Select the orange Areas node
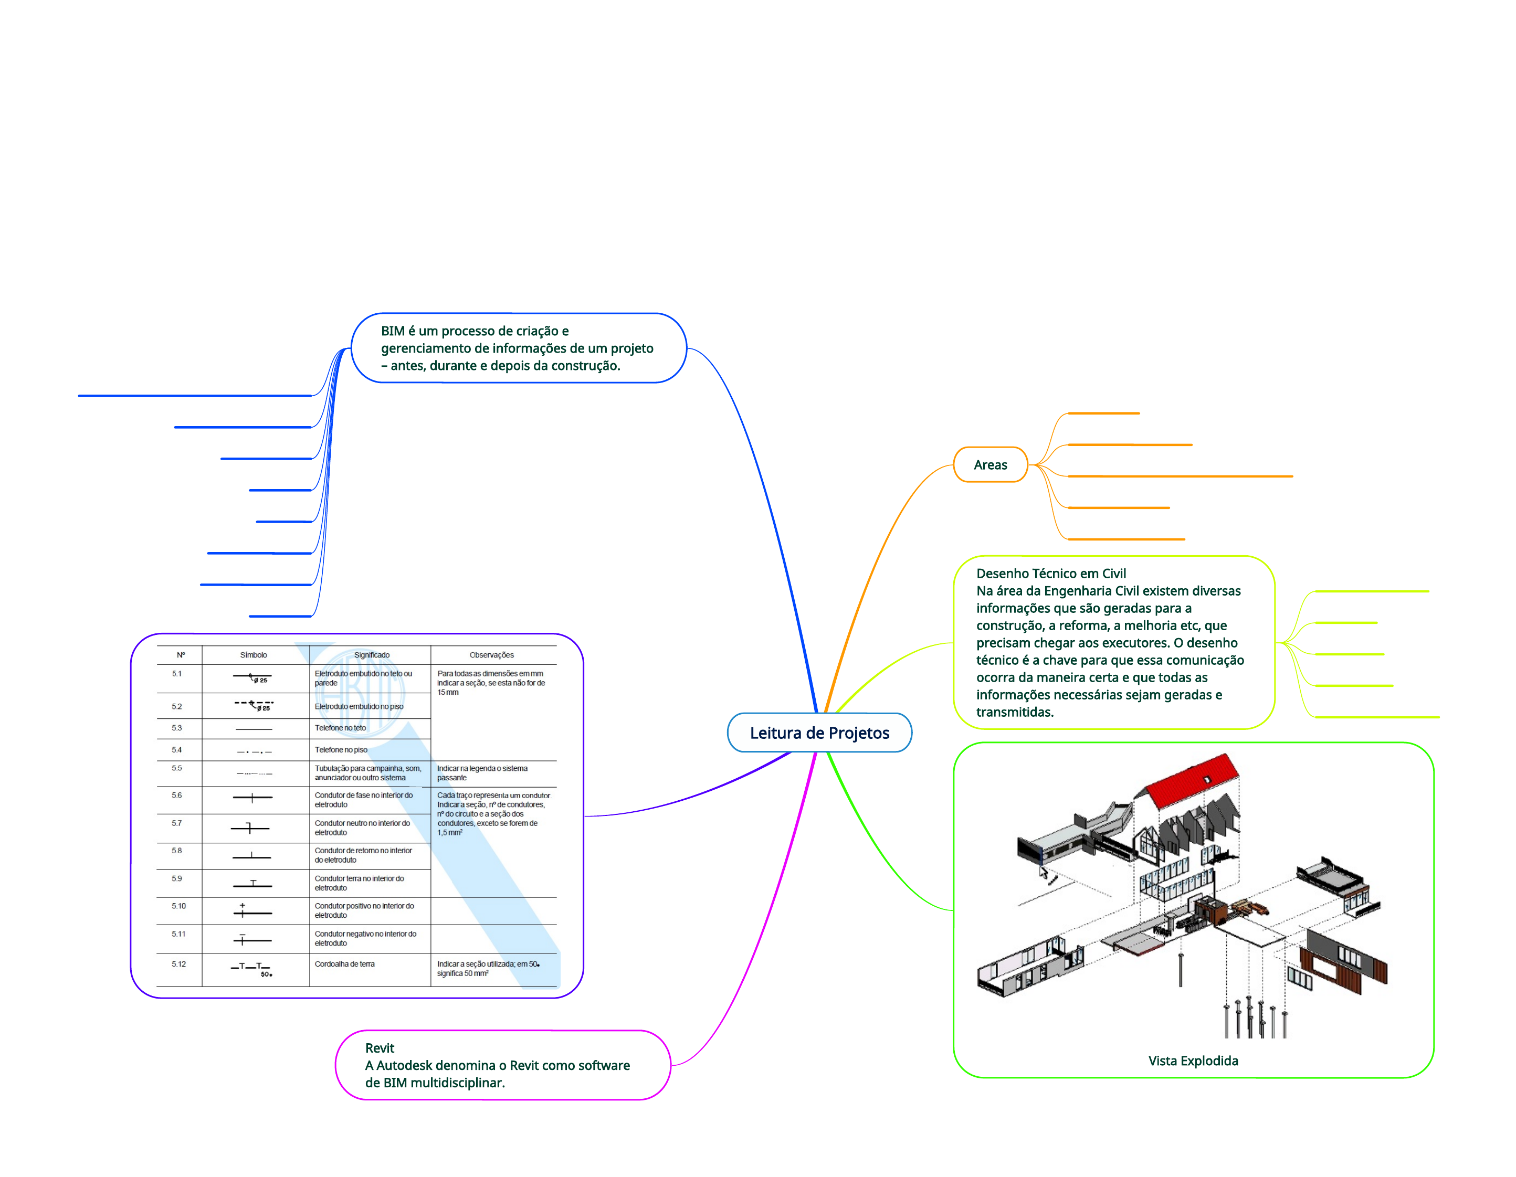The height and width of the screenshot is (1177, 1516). point(990,465)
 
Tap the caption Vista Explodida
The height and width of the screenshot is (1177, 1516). point(1193,1061)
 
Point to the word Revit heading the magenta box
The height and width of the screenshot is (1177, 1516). point(380,1048)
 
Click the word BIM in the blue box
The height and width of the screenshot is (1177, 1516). point(392,331)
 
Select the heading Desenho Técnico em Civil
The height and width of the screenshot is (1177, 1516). point(1051,573)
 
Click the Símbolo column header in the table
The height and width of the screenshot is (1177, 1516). point(254,655)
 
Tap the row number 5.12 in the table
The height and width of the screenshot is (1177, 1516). point(178,964)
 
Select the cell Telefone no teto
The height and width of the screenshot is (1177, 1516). point(340,728)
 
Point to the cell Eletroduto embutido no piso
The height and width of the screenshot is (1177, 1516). point(359,706)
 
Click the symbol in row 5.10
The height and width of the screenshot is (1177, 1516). point(251,911)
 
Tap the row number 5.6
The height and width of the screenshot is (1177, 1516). point(177,796)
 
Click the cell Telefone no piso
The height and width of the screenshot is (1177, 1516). point(341,749)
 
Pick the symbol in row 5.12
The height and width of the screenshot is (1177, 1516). point(251,968)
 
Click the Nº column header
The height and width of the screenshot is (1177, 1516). point(181,655)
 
